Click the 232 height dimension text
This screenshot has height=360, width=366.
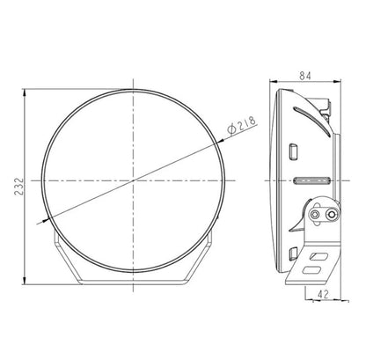pos(12,184)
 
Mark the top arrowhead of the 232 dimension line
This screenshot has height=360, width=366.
pos(23,90)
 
